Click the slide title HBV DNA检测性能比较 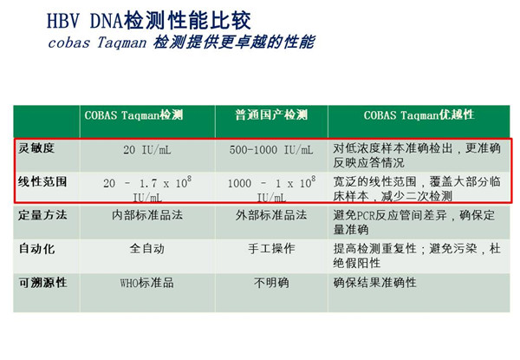pos(148,21)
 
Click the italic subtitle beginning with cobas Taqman pos(181,43)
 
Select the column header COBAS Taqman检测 pos(133,115)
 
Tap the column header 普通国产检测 pos(271,115)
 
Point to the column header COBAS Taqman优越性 pos(419,115)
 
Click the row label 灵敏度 pos(36,148)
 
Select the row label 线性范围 pos(42,182)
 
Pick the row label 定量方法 pos(42,215)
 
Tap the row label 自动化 pos(36,248)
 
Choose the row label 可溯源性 pos(42,282)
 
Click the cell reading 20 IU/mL pos(147,150)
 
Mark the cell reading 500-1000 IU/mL pos(271,150)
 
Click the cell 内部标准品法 pos(147,215)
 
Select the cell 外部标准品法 pos(271,215)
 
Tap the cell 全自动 pos(147,248)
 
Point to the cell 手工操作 pos(271,248)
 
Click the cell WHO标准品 pos(147,283)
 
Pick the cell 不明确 pos(271,283)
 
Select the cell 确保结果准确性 pos(374,283)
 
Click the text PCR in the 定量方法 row pos(366,216)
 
